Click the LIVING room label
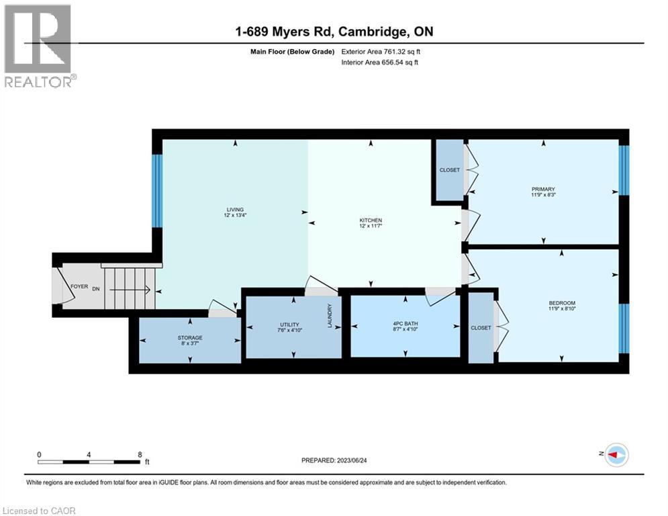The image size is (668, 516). (x=234, y=209)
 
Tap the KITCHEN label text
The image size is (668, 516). (x=370, y=220)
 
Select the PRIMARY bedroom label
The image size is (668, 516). (x=543, y=189)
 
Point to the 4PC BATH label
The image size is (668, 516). (x=405, y=324)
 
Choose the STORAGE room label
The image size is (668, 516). (x=190, y=337)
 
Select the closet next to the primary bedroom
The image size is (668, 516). (x=449, y=170)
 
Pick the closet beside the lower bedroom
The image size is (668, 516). (x=481, y=327)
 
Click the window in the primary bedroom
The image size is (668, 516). (x=623, y=170)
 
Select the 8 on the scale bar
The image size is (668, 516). (x=139, y=454)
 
